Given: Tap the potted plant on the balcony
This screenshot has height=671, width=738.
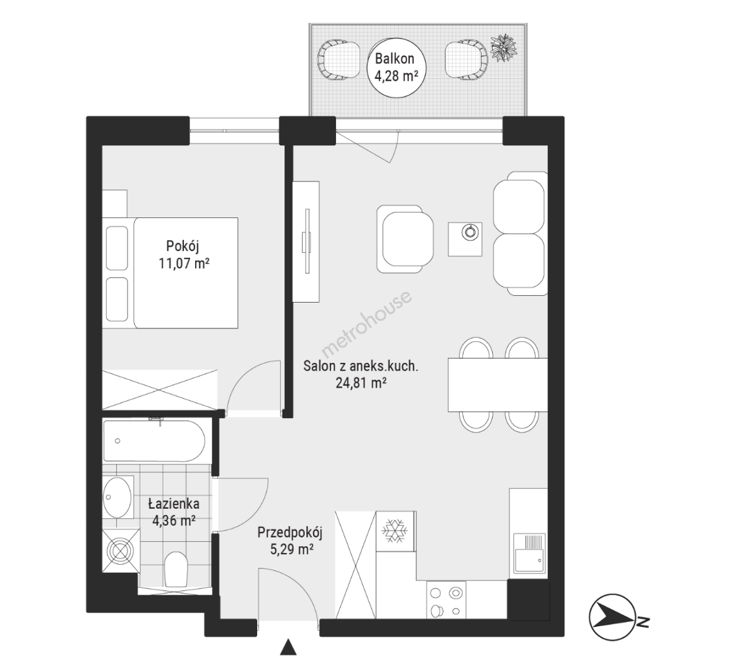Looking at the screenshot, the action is coord(504,47).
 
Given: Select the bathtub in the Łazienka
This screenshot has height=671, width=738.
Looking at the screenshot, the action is coord(154,440).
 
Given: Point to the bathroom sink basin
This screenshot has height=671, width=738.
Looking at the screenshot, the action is coord(117,496).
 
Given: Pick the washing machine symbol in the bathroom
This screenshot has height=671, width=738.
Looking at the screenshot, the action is coord(121,550).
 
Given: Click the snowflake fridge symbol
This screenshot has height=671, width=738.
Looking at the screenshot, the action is coord(395,531).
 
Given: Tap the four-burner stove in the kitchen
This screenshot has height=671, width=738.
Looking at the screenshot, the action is coord(445,600).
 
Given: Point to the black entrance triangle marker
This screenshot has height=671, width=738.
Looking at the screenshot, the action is coord(288,646).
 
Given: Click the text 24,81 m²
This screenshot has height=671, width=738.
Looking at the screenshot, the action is coord(361,382).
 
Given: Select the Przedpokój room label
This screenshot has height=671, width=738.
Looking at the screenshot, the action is coord(290,541).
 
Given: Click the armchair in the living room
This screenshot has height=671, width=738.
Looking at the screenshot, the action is coord(404,239).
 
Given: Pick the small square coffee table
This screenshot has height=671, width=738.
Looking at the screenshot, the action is coord(465,239).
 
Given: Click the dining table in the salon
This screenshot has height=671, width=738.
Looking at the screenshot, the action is coord(498,385).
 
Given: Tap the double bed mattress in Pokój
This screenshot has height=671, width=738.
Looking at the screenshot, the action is coord(186,273).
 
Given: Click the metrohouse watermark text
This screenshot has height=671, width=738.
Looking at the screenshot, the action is coord(366,324).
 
